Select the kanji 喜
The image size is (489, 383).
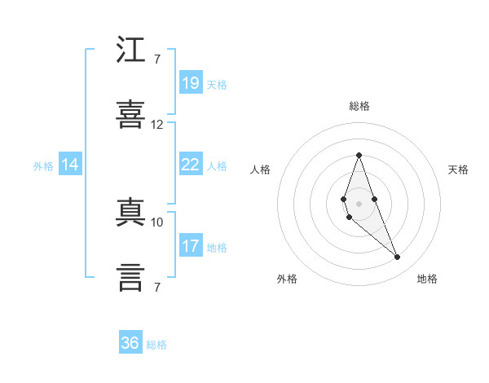pos(130,114)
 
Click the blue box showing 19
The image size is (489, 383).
pos(190,82)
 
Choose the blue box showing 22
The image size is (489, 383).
pos(190,165)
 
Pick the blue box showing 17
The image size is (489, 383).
pos(190,246)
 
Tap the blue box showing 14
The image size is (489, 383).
pos(70,165)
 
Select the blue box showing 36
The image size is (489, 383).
pos(130,343)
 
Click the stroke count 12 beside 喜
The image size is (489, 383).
pos(156,125)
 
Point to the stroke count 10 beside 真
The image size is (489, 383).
pos(156,222)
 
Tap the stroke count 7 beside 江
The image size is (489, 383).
pos(156,59)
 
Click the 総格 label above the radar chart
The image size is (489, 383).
pos(359,106)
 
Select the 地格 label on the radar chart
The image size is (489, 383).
pos(427,279)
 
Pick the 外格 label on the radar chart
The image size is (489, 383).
pos(287,279)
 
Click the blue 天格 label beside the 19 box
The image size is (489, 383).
pos(217,84)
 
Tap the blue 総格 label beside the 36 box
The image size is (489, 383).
pos(156,345)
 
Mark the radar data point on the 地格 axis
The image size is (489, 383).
pos(398,258)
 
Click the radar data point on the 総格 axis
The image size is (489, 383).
pos(359,155)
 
